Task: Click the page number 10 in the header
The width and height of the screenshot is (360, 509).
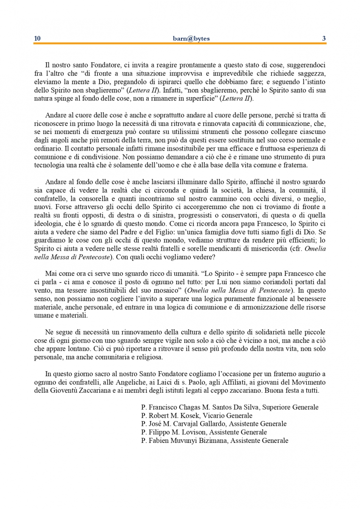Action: pos(37,39)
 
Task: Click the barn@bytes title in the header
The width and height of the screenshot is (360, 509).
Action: pos(180,39)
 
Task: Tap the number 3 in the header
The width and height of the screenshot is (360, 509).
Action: pos(324,39)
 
